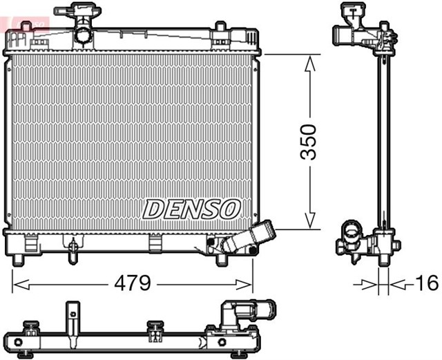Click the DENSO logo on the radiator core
191,208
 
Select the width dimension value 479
132,284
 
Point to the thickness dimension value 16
427,283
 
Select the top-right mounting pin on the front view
220,28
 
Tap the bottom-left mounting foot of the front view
19,259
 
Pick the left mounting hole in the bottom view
19,343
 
